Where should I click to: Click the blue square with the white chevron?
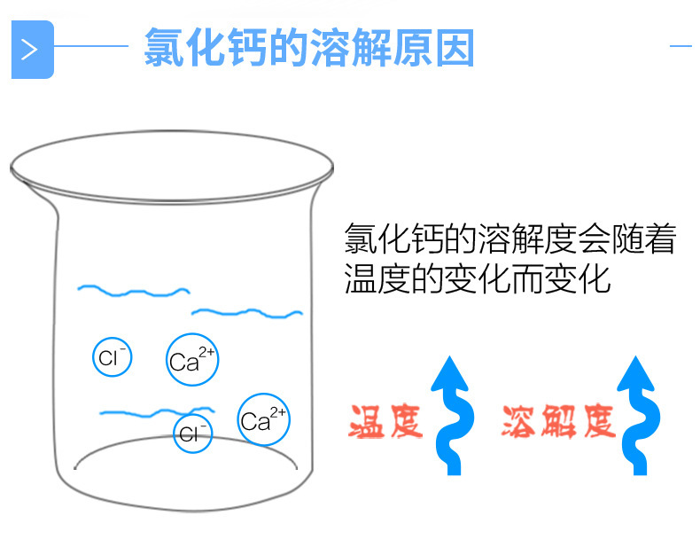pos(32,49)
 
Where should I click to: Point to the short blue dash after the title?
pos(680,45)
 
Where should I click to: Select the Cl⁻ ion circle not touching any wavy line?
pos(113,357)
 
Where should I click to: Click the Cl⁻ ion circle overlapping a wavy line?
pos(192,433)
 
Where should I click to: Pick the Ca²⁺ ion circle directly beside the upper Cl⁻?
pos(191,361)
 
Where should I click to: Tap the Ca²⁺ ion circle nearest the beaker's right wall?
pos(263,419)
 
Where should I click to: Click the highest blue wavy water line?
pos(133,289)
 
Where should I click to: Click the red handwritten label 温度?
pos(386,422)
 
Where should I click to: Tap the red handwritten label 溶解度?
pos(557,422)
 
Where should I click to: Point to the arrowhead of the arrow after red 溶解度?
pos(636,371)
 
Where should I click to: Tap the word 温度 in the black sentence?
pos(377,279)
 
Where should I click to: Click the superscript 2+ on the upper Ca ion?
pos(206,352)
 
